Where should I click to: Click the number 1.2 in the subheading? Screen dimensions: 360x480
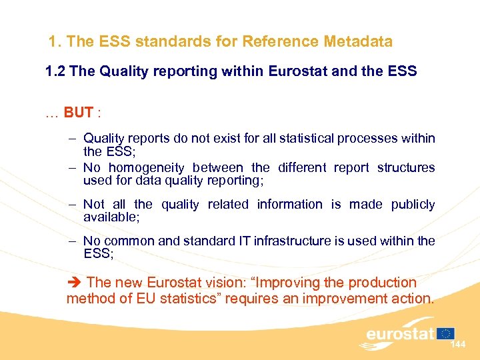pos(55,71)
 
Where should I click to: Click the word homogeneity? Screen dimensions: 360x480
pos(150,167)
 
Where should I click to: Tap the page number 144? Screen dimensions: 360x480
pos(458,345)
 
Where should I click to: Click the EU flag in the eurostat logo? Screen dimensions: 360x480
pos(446,333)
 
